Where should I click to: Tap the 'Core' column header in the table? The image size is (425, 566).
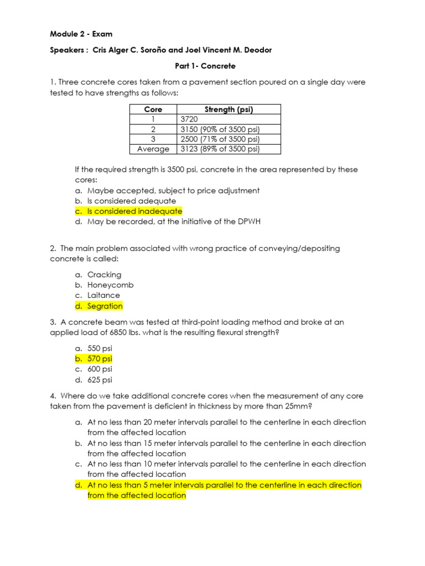pos(153,109)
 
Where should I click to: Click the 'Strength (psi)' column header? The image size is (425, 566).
pos(229,109)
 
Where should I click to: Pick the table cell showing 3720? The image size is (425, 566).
pos(189,119)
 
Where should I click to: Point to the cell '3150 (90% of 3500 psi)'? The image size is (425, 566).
pos(220,129)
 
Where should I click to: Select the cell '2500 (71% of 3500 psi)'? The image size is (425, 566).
pos(220,139)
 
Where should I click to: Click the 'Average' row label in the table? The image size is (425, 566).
pos(153,149)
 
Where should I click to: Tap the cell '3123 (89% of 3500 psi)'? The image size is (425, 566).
pos(220,149)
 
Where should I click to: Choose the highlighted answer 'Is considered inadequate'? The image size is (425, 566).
pos(134,211)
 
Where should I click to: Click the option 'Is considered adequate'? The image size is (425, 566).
pos(132,201)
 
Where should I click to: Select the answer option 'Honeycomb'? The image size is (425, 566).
pos(111,285)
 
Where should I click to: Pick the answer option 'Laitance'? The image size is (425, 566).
pos(103,295)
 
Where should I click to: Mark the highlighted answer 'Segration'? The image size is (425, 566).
pos(105,306)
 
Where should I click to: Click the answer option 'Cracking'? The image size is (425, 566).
pos(105,275)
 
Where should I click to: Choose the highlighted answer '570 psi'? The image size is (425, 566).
pos(100,359)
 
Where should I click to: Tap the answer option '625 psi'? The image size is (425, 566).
pos(100,380)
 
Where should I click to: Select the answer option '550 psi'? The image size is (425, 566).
pos(100,348)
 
